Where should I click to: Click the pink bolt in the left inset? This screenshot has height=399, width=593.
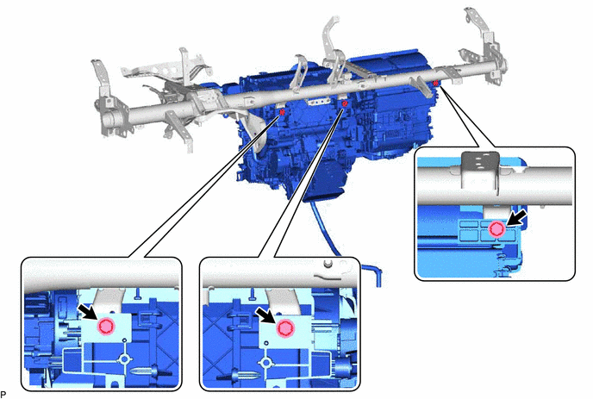pos(106,327)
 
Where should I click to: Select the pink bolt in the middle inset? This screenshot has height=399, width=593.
pos(284,327)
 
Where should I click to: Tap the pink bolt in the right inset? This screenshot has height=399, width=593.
pos(496,229)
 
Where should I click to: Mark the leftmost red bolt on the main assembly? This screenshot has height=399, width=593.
pos(282,112)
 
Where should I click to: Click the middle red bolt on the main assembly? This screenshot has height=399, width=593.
pos(344,103)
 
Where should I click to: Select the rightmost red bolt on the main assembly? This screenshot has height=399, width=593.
pos(435,83)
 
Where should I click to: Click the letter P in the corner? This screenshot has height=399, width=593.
pos(3,394)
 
